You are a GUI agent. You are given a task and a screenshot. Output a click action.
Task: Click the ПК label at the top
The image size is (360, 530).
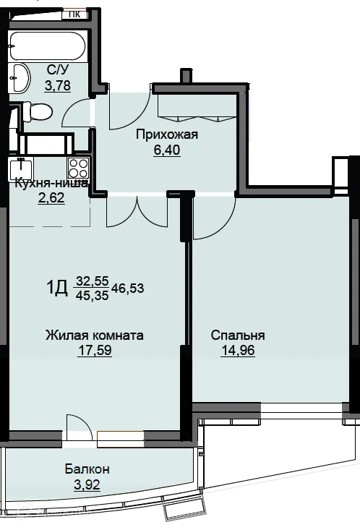click(74, 13)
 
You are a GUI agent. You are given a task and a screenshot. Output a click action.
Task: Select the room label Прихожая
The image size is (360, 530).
click(167, 134)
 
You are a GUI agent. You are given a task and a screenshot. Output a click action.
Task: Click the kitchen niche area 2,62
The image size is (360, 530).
click(51, 199)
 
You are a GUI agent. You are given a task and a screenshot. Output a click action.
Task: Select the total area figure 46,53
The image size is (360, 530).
click(127, 288)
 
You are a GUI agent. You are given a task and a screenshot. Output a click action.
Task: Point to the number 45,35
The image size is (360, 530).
click(91, 295)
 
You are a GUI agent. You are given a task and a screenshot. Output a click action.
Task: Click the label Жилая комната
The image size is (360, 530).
click(94, 335)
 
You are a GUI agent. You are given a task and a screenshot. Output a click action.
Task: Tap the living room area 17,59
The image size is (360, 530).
click(95, 351)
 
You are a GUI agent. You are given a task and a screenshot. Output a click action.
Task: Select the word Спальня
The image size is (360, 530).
click(238, 335)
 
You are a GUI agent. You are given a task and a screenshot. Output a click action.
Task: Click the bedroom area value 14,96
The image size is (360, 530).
click(237, 351)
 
